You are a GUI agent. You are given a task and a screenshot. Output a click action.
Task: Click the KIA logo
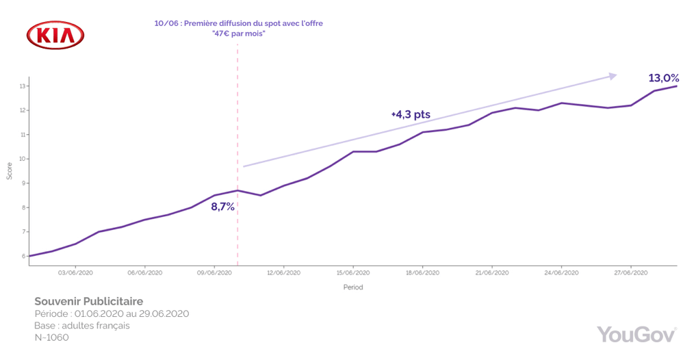coord(55,35)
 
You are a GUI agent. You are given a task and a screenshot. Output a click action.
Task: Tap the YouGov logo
coord(636,334)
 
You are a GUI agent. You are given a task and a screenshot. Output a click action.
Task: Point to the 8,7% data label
coord(222,206)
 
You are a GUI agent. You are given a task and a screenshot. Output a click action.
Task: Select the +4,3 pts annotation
coord(411,114)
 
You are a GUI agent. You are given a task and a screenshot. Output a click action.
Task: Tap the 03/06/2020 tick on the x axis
coord(75,272)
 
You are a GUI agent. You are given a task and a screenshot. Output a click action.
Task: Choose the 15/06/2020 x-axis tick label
coord(352,272)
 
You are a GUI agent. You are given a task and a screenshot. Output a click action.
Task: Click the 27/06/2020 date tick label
coord(630,272)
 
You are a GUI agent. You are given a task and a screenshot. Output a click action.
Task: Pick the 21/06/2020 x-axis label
coord(491,272)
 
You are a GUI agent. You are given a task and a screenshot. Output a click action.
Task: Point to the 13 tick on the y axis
coord(22,86)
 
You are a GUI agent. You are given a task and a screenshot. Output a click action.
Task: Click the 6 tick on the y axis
coord(23,256)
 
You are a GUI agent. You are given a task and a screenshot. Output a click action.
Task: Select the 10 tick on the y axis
coord(22,159)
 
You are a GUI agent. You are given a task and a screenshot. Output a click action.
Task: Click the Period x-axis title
coord(353,287)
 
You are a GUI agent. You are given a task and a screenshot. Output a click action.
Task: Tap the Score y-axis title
coord(10,171)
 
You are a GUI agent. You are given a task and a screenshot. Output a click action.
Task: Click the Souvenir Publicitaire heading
coord(89,301)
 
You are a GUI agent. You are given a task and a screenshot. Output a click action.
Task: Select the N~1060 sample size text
coord(51,337)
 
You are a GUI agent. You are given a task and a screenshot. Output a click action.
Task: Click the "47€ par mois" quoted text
coord(238,34)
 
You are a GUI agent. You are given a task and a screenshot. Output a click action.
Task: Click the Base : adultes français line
coord(81,326)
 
